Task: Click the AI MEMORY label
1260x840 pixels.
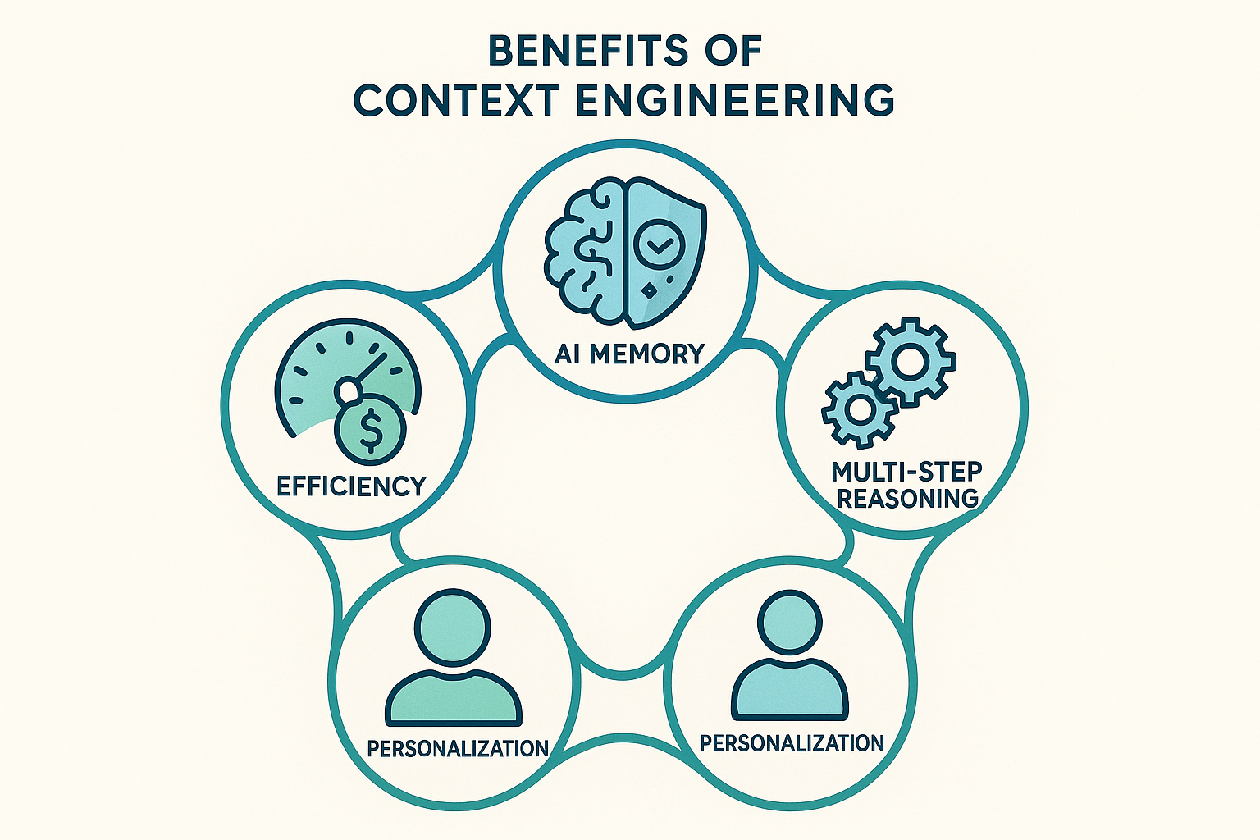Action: (x=629, y=354)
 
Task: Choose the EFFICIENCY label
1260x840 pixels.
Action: (x=351, y=486)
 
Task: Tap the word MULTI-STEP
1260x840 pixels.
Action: (x=906, y=472)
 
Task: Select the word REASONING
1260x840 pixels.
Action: (x=907, y=498)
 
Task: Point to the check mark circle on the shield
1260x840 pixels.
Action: (x=660, y=241)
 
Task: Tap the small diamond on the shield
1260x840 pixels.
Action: (x=649, y=290)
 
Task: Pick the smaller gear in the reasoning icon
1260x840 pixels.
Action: (x=859, y=409)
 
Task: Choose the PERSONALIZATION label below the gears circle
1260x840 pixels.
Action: (x=792, y=743)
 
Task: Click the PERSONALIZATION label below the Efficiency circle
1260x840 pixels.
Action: (x=457, y=748)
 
